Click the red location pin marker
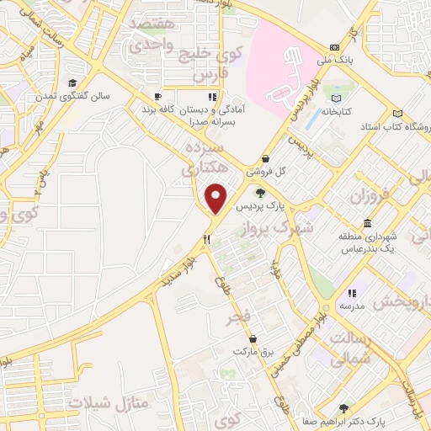(x=216, y=198)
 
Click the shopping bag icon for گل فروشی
(x=266, y=157)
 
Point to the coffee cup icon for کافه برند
(x=157, y=96)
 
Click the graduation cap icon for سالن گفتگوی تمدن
(x=74, y=83)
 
